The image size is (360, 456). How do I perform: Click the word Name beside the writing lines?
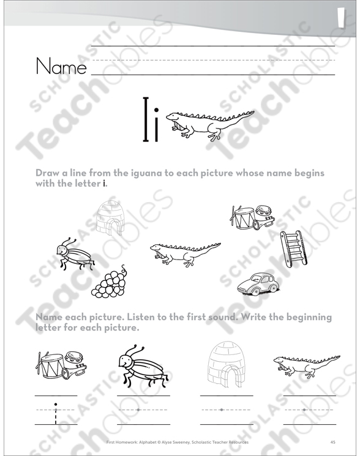click(x=61, y=66)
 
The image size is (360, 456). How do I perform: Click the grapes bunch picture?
click(x=110, y=281)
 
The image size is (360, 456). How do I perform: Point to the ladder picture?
click(x=293, y=249)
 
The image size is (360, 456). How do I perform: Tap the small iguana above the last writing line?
click(x=307, y=365)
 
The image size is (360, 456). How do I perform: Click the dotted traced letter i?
click(x=56, y=414)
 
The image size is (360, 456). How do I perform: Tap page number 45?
click(x=333, y=442)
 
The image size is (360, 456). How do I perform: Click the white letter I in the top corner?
click(x=342, y=18)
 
